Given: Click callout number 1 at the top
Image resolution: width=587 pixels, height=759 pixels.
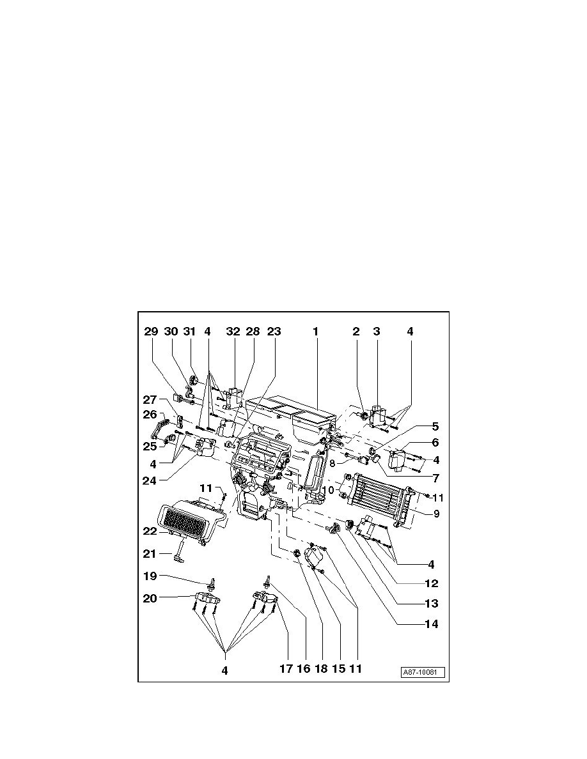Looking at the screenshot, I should [315, 332].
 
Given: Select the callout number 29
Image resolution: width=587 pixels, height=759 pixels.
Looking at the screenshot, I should [150, 332].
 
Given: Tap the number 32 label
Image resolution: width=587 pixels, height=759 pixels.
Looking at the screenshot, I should [233, 332].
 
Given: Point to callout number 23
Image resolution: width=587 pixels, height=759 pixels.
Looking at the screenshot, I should [274, 332].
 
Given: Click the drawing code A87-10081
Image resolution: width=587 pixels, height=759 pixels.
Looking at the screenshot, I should [423, 673].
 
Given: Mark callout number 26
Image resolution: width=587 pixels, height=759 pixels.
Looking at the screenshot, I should [150, 414].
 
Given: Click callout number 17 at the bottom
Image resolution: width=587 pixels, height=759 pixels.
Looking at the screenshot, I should [286, 670].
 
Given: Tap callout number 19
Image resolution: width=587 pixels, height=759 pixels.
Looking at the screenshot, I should [150, 575].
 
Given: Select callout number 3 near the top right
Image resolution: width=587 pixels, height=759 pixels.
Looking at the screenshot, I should [377, 332].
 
